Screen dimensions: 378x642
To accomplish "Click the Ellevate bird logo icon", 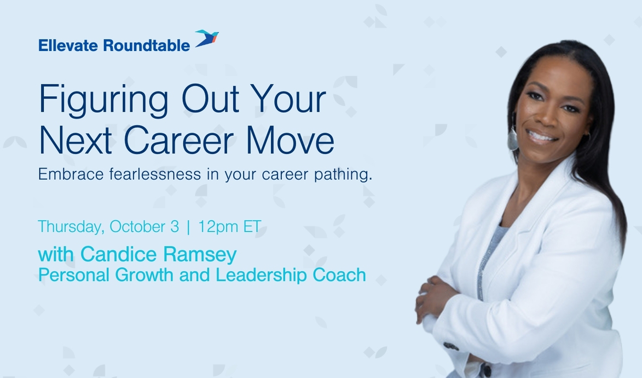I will point(207,39).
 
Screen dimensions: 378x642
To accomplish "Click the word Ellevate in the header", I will point(68,46).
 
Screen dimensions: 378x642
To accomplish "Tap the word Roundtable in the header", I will point(146,46).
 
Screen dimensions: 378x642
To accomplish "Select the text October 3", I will point(144,227).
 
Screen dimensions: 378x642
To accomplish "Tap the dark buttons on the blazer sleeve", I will point(451,346).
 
